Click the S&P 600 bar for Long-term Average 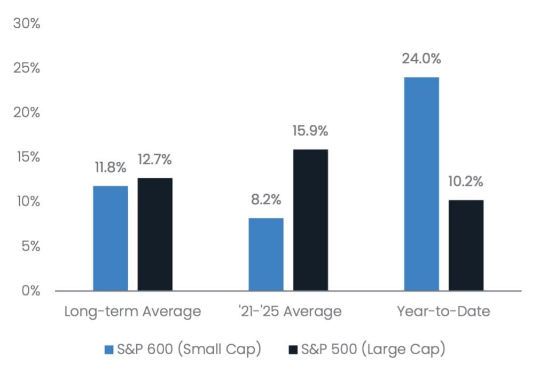click(x=111, y=238)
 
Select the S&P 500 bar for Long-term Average click(x=155, y=234)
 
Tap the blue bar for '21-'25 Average click(x=266, y=254)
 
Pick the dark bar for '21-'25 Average click(x=310, y=220)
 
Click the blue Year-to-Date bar click(x=421, y=184)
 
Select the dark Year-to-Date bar click(x=466, y=245)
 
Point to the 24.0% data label click(x=421, y=59)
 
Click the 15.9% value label click(x=310, y=131)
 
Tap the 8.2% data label click(x=266, y=200)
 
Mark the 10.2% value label click(x=466, y=181)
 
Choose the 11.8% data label click(x=110, y=168)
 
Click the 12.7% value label click(x=154, y=160)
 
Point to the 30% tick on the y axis click(x=27, y=23)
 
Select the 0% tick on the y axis click(x=30, y=290)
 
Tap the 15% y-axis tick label click(x=28, y=157)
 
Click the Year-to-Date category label click(x=443, y=311)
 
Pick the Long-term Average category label click(x=132, y=311)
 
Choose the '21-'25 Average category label click(x=290, y=311)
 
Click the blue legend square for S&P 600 click(x=109, y=350)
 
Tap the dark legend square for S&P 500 click(x=293, y=350)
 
